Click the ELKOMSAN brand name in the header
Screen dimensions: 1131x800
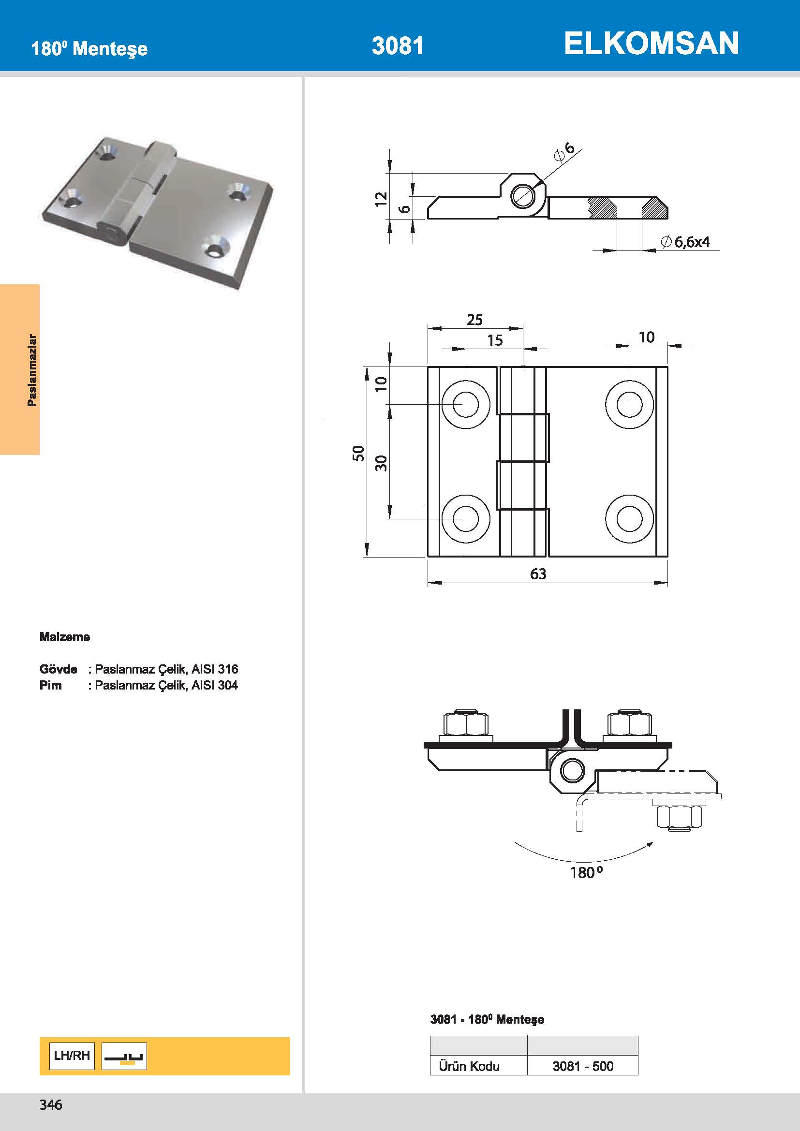(651, 44)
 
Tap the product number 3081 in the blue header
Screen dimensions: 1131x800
(397, 46)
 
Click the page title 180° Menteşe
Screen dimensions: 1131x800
(89, 49)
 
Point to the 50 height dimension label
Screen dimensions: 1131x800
(358, 453)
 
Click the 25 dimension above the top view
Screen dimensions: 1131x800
(474, 320)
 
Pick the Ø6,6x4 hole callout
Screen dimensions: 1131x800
(686, 242)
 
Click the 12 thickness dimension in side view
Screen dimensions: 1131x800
(381, 199)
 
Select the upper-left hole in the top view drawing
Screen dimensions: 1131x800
(465, 404)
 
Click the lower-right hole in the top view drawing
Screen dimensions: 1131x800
(629, 519)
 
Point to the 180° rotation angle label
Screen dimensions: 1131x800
(586, 873)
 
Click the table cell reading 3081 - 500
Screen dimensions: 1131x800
(582, 1066)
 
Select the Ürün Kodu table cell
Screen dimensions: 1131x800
(469, 1066)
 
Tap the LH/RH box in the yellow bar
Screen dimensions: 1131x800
(72, 1055)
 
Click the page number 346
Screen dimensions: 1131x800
(51, 1104)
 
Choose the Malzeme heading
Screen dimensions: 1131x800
(64, 637)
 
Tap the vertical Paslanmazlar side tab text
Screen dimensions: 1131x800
(32, 370)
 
